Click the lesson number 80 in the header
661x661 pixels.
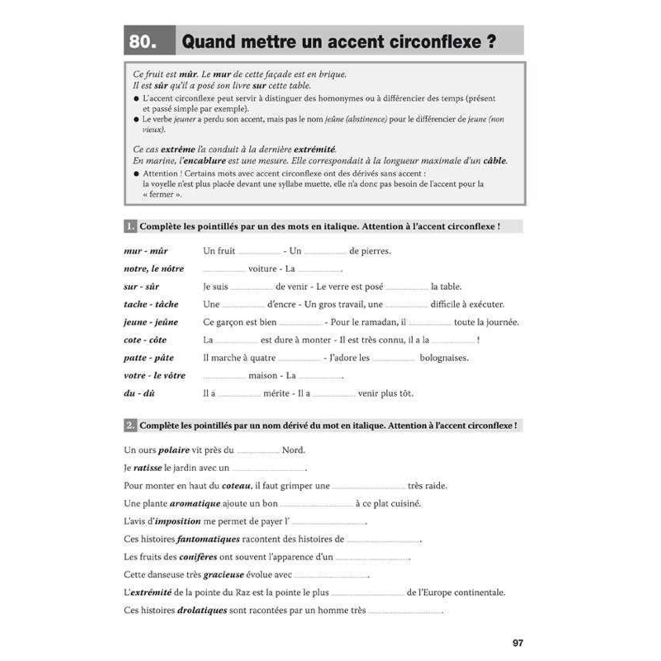pos(143,41)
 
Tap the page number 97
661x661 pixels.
pos(518,643)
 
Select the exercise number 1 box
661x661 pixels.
pos(130,226)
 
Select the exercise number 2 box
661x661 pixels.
pos(130,426)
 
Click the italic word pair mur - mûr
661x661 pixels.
pos(146,251)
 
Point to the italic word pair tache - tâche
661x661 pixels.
pos(151,304)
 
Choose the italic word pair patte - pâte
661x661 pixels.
pos(149,358)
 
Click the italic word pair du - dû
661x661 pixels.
pos(139,393)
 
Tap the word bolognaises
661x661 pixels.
pos(444,358)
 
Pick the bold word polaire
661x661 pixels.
pos(174,450)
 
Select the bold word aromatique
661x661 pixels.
pos(195,504)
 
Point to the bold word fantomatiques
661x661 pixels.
pos(208,539)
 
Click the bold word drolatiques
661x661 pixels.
pos(202,610)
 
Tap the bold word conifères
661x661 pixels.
pos(198,557)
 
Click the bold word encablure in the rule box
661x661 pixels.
pos(204,161)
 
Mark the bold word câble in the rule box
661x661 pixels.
pos(495,161)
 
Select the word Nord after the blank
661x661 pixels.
pos(293,450)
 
